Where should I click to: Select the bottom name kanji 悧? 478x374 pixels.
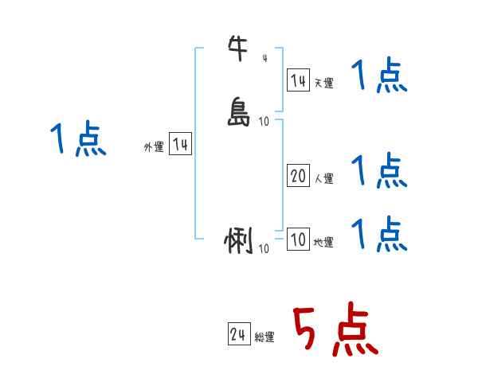pyautogui.click(x=239, y=241)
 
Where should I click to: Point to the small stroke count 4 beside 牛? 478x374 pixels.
pyautogui.click(x=264, y=57)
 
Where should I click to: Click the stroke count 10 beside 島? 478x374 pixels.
pyautogui.click(x=264, y=121)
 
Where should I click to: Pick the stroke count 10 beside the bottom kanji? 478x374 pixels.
pyautogui.click(x=264, y=249)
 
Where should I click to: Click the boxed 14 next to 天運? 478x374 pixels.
pyautogui.click(x=298, y=80)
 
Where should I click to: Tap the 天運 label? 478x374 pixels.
pyautogui.click(x=323, y=83)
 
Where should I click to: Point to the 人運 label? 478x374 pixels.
pyautogui.click(x=323, y=179)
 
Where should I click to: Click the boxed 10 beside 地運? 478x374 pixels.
pyautogui.click(x=298, y=240)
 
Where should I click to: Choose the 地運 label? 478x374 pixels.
pyautogui.click(x=323, y=242)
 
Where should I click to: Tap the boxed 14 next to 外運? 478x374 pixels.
pyautogui.click(x=180, y=144)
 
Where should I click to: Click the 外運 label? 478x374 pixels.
pyautogui.click(x=154, y=147)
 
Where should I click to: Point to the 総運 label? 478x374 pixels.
pyautogui.click(x=264, y=337)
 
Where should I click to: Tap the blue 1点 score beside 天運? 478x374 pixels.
pyautogui.click(x=380, y=78)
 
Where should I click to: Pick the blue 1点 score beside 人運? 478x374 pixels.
pyautogui.click(x=380, y=169)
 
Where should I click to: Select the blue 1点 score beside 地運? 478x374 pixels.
pyautogui.click(x=380, y=234)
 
